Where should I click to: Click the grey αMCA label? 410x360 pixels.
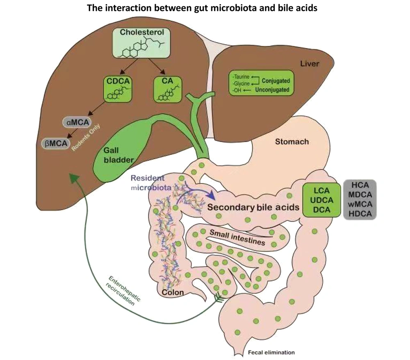[78, 122]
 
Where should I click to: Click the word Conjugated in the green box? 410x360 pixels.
[276, 81]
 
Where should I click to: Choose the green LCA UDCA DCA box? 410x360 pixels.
[321, 200]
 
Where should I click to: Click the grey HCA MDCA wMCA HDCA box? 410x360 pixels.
[360, 199]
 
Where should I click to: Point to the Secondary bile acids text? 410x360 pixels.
[253, 207]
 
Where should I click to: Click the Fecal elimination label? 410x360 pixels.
[271, 352]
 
